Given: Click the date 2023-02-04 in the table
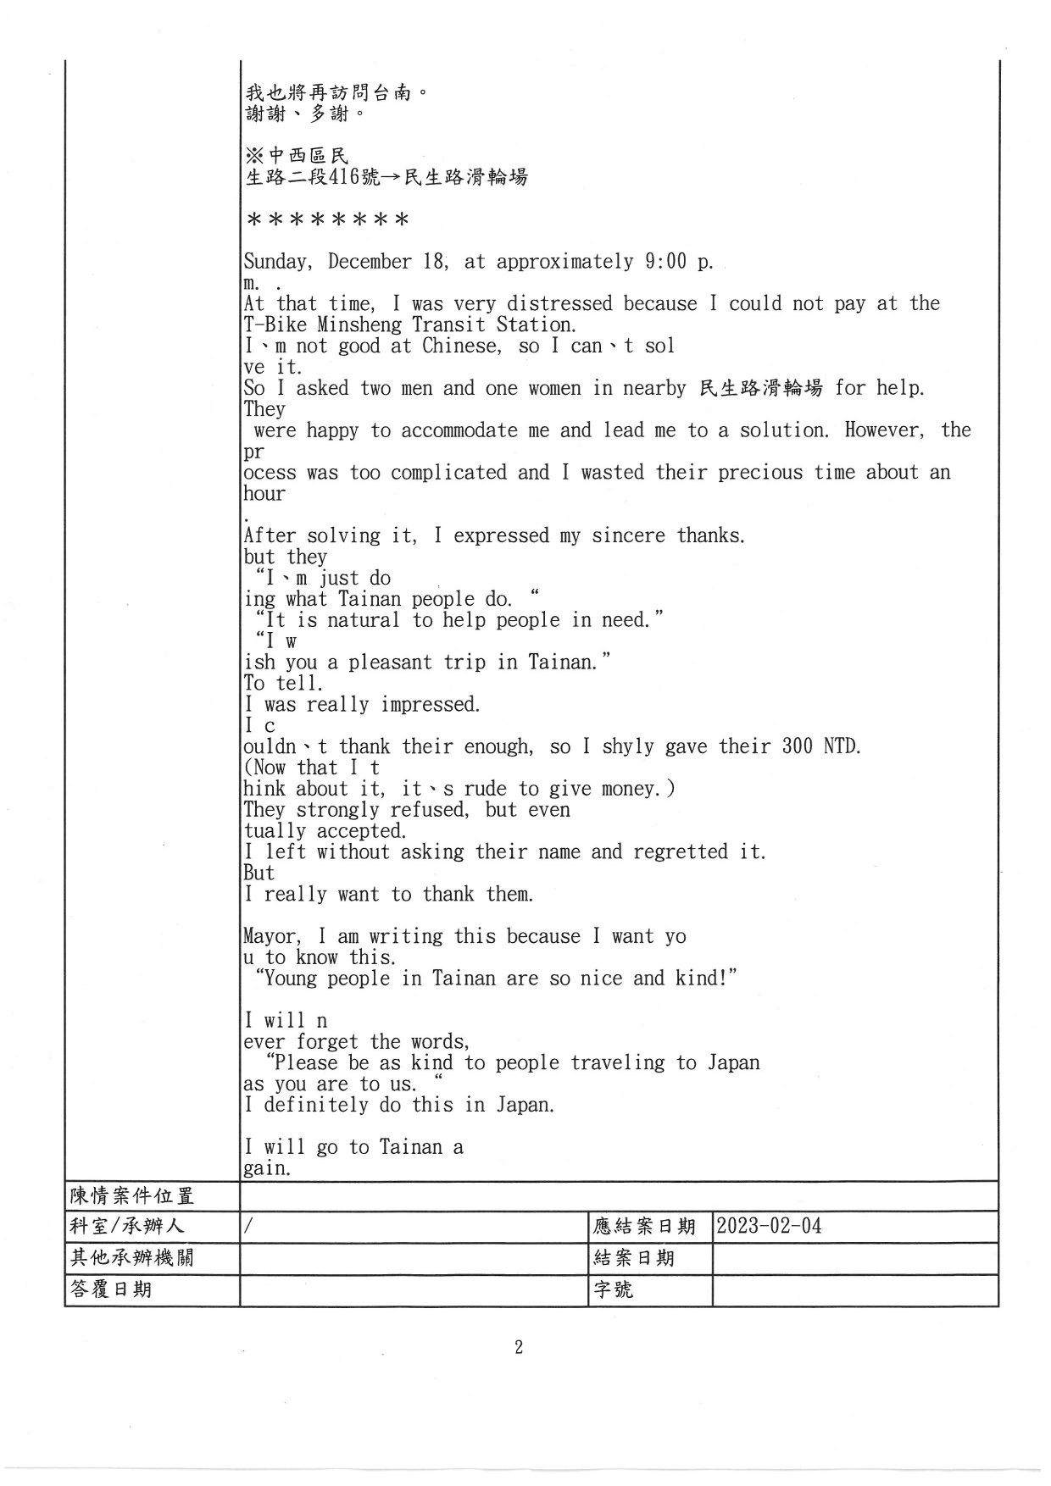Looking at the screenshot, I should (769, 1226).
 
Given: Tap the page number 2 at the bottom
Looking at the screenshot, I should (519, 1347).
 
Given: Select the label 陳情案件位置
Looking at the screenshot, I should (132, 1195).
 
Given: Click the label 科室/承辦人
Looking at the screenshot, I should (127, 1226).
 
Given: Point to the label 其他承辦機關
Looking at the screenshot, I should (132, 1257).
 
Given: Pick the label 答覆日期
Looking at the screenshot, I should (111, 1289).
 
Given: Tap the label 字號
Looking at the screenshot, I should (614, 1289).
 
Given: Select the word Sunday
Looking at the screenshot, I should (277, 262).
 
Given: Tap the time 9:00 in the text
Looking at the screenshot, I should (665, 261).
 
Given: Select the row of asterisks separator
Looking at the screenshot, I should (327, 220).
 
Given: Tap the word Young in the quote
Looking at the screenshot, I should (292, 979).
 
